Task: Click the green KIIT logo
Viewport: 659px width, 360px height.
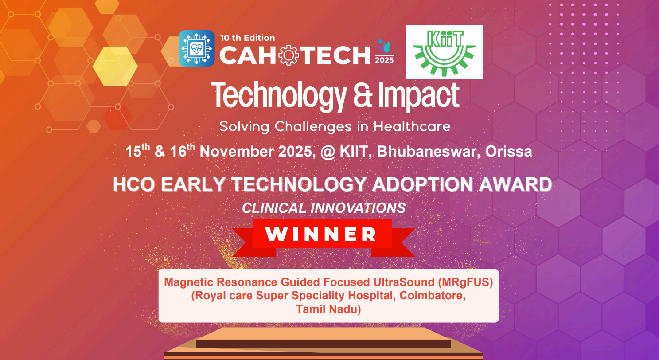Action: [444, 52]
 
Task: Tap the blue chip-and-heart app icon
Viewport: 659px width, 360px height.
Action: [196, 48]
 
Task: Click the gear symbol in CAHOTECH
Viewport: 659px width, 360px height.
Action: [288, 55]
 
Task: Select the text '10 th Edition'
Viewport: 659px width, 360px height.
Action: [247, 38]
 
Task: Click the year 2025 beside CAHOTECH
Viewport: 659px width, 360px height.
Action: [384, 60]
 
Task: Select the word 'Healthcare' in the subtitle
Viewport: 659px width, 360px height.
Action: [412, 127]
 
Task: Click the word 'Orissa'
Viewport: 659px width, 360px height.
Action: [508, 152]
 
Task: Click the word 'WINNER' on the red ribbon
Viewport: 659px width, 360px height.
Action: [321, 234]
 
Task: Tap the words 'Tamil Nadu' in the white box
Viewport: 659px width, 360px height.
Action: [328, 309]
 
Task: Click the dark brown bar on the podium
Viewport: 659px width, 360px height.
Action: [324, 344]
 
